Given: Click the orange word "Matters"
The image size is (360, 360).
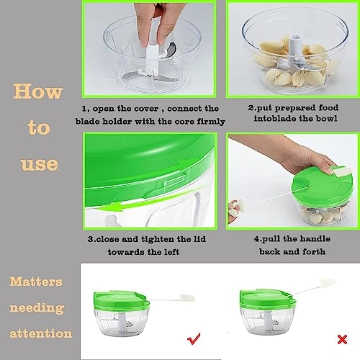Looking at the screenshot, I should tap(37, 281).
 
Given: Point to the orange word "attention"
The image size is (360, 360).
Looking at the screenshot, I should tap(42, 333).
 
